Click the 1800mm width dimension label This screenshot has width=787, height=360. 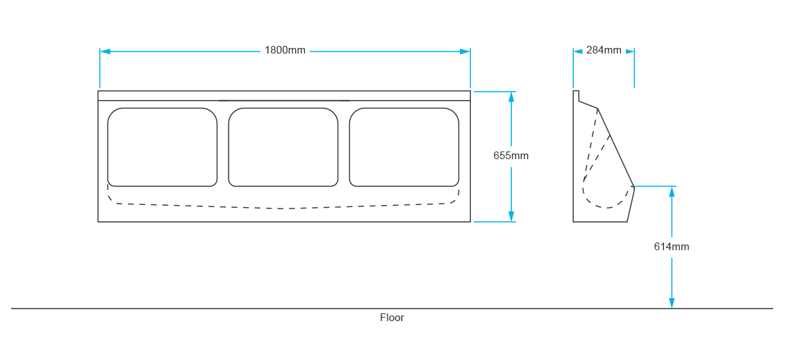285,51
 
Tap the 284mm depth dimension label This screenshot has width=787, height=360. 604,50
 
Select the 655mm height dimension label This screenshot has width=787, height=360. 511,156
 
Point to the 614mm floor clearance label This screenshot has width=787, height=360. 671,247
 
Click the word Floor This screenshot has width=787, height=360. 392,318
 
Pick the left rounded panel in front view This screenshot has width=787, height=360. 163,147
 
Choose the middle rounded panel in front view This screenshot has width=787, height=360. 283,147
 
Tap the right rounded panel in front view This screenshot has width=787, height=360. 404,147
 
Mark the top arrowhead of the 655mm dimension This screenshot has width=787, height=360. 511,97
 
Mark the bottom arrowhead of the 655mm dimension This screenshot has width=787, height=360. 511,217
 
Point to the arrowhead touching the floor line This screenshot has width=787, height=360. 672,303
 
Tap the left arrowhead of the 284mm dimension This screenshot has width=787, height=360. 577,51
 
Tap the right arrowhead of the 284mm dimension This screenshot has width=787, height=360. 630,51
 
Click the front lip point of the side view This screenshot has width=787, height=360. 633,187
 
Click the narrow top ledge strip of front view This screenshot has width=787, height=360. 284,96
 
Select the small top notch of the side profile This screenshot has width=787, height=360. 576,95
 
